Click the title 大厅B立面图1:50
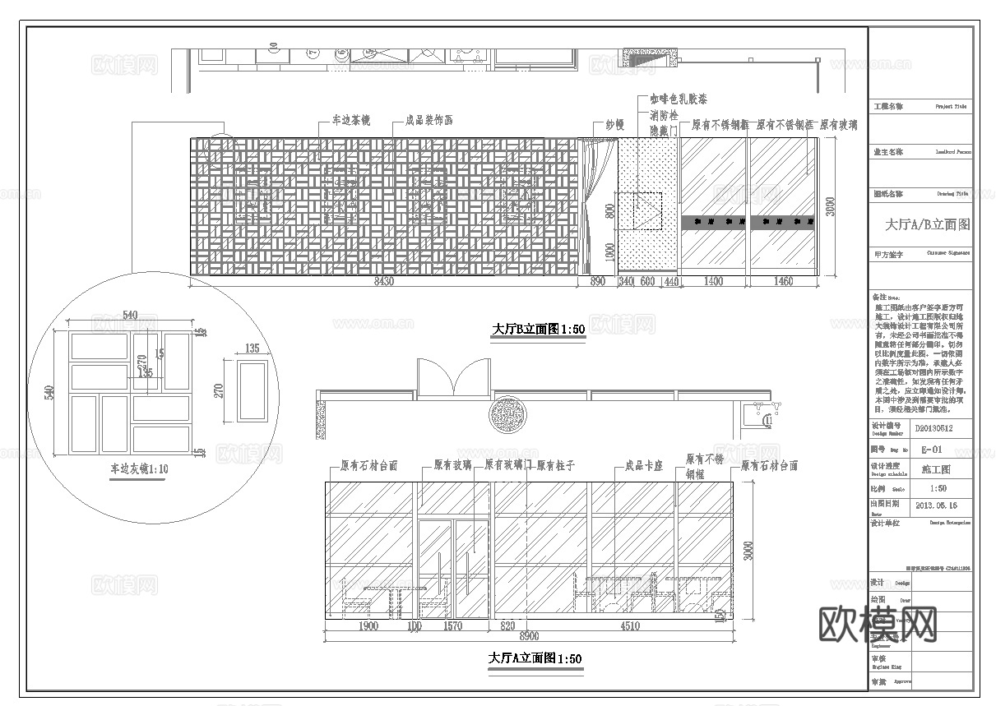538,330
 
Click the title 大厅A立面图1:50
535,658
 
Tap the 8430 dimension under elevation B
384,282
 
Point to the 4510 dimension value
628,626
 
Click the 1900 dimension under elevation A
368,626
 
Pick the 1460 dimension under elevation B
784,282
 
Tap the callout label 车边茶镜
350,121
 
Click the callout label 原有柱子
555,466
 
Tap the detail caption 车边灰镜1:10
140,469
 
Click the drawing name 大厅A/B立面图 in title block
927,224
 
